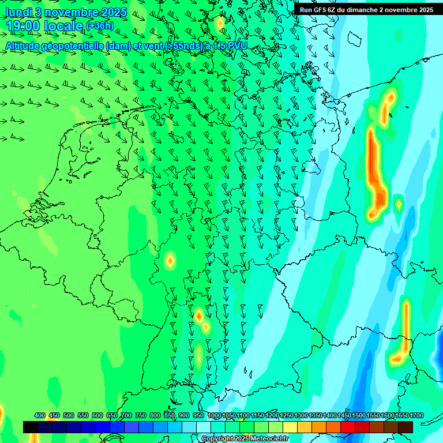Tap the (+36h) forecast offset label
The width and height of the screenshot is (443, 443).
click(x=100, y=26)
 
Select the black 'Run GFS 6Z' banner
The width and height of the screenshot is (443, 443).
click(x=366, y=9)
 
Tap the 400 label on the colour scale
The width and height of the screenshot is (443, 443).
click(x=40, y=415)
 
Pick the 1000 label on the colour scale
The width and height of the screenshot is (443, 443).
click(x=215, y=415)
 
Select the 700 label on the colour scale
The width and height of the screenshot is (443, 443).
click(x=126, y=415)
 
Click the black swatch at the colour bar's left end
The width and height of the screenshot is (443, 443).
click(x=31, y=427)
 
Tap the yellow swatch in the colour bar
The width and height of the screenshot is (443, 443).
click(x=290, y=427)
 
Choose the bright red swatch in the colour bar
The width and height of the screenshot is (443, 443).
click(x=348, y=427)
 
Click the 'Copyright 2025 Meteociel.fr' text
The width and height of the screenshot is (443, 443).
click(x=245, y=439)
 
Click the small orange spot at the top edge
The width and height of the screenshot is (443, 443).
click(x=219, y=24)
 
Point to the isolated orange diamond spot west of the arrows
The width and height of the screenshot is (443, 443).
click(x=170, y=260)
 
